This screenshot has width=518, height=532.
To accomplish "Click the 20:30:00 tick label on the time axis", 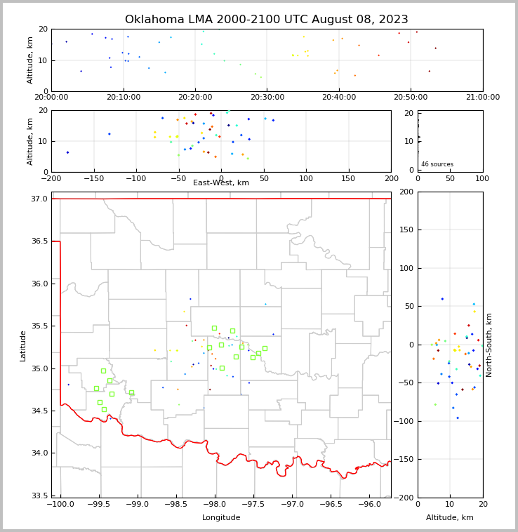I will click(267, 97).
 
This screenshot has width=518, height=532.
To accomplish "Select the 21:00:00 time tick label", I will click(483, 97).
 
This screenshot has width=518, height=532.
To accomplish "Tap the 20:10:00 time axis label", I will click(124, 97).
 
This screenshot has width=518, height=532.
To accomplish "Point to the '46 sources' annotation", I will click(436, 164).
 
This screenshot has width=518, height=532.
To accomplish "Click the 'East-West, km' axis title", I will click(221, 183).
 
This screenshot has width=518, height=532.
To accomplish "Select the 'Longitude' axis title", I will click(221, 518).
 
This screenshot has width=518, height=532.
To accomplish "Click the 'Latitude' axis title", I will click(23, 345).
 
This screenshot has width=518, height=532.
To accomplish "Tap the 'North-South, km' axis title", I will click(489, 345).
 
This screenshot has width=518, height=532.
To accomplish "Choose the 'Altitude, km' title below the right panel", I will click(450, 518).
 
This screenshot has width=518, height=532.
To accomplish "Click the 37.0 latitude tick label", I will click(40, 199).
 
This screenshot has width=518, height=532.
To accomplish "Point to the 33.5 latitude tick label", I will click(40, 496).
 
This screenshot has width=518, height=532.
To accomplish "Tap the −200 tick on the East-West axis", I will click(51, 178).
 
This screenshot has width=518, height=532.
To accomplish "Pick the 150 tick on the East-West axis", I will click(349, 178).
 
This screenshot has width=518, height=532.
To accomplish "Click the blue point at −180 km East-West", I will click(67, 152).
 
